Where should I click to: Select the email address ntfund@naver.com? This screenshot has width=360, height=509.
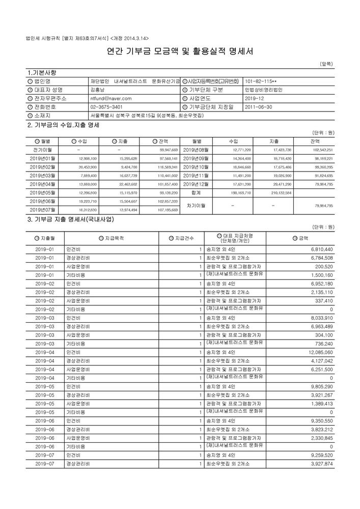tap(110, 98)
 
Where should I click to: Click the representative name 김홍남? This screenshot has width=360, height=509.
tap(96, 90)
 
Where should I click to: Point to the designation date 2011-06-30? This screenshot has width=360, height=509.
tap(259, 107)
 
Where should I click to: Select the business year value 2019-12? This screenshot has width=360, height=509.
tap(254, 98)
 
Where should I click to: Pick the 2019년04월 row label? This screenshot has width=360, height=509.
tap(42, 183)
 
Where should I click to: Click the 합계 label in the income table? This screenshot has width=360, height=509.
tap(196, 193)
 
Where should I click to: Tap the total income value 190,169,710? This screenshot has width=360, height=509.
tap(240, 193)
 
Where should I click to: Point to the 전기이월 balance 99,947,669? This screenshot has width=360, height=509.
tap(168, 150)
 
